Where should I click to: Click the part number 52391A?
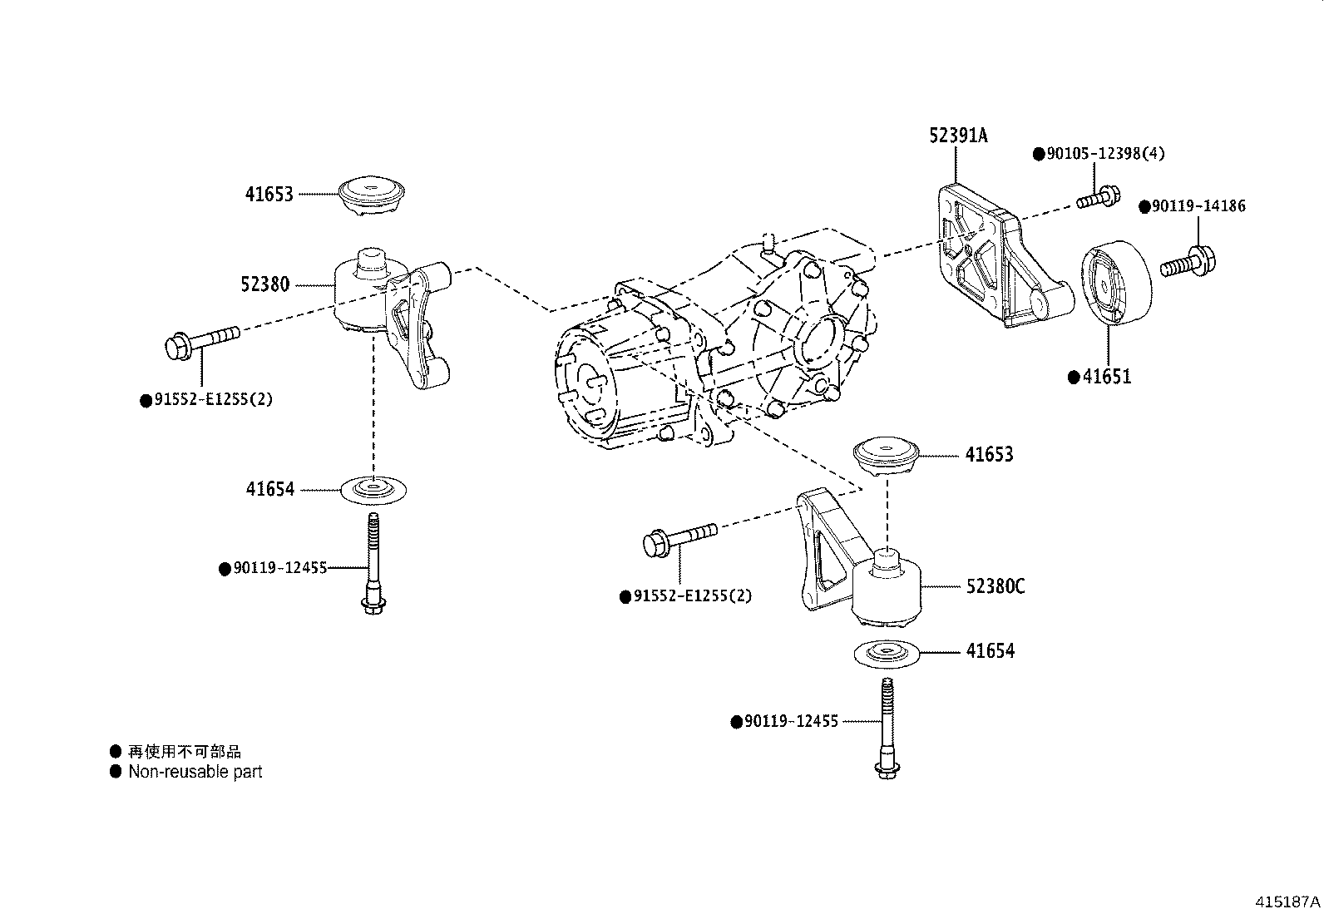(958, 136)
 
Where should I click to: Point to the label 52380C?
(995, 586)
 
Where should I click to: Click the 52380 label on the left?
(264, 284)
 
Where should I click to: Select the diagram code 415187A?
(1287, 902)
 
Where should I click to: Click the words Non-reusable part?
(195, 772)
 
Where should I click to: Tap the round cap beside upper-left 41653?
(373, 196)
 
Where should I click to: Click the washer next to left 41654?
(374, 490)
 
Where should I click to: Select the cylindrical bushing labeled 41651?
(1114, 280)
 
